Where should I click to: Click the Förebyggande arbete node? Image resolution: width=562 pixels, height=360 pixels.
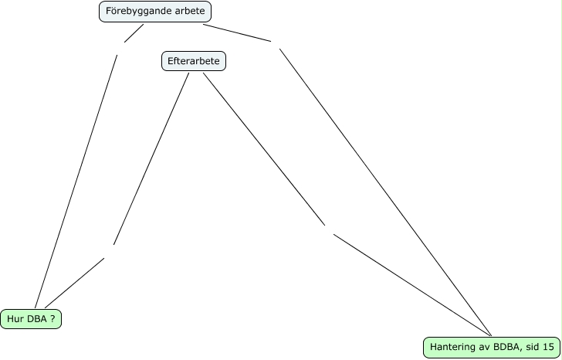pos(155,12)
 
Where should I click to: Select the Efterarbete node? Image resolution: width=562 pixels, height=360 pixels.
pos(195,61)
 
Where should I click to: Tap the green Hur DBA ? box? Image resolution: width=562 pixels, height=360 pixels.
pos(31,318)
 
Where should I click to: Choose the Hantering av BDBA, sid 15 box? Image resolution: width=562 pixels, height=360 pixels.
pos(490,348)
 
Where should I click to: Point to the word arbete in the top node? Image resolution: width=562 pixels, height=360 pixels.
pos(189,12)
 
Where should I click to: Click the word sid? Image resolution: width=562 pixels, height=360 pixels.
pos(532,348)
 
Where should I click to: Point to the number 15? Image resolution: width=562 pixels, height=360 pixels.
pos(548,348)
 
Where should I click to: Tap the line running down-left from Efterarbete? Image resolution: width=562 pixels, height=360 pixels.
pos(152,158)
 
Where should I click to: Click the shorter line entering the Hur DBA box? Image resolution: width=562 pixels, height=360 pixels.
pos(74,283)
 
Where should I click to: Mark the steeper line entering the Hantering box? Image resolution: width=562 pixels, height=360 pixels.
pos(386,193)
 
